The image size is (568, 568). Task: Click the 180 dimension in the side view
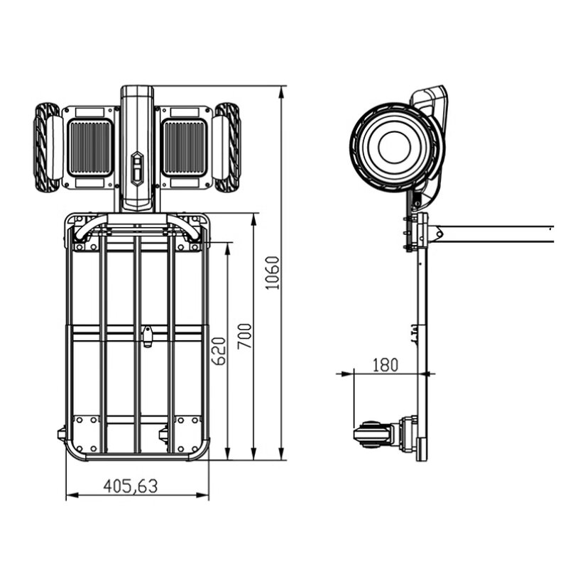click(x=384, y=364)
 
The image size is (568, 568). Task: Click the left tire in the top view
click(x=47, y=148)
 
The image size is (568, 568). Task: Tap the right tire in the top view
click(x=228, y=148)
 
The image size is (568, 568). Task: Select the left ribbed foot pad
click(x=89, y=148)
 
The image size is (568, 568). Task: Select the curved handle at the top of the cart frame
click(x=137, y=226)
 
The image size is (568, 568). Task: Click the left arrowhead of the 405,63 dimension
click(x=70, y=495)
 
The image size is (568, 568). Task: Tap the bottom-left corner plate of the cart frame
click(x=84, y=435)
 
